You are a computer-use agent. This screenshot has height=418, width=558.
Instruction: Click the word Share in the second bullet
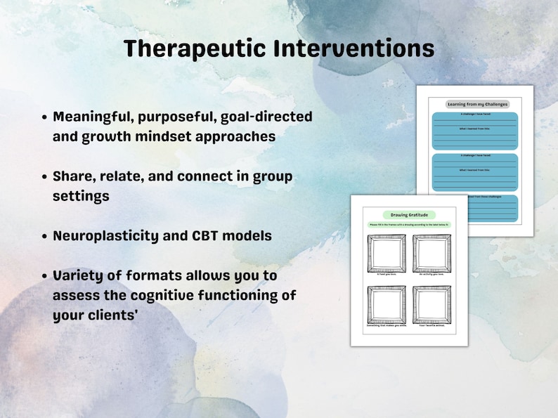pyautogui.click(x=72, y=176)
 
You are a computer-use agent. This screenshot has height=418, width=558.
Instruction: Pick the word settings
pyautogui.click(x=81, y=196)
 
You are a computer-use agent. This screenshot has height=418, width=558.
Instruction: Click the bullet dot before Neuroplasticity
pyautogui.click(x=45, y=236)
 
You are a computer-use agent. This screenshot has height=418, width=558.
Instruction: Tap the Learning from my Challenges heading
pyautogui.click(x=474, y=104)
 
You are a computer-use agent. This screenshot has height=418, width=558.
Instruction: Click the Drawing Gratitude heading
pyautogui.click(x=408, y=214)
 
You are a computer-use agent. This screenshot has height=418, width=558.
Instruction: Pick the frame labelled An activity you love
pyautogui.click(x=432, y=253)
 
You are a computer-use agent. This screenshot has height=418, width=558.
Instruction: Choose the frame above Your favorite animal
pyautogui.click(x=432, y=303)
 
